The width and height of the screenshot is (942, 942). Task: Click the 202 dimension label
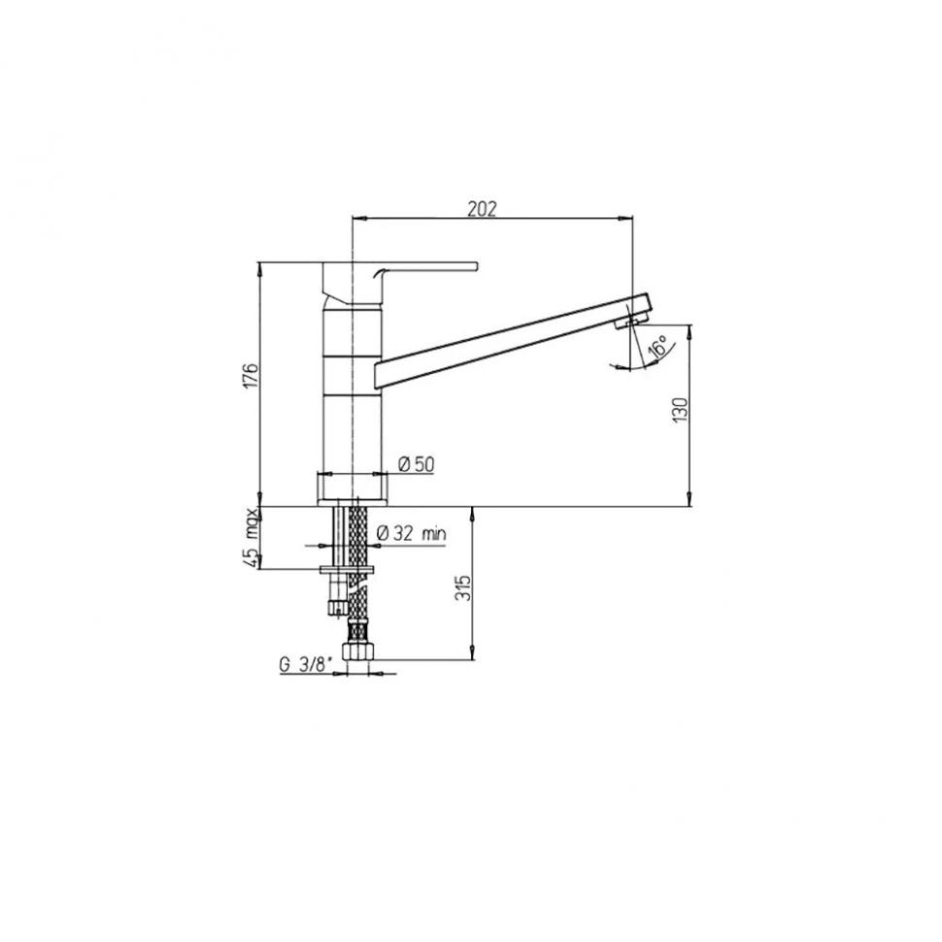click(x=483, y=209)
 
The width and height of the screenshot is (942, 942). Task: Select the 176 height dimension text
click(x=251, y=376)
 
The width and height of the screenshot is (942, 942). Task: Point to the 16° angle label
click(x=657, y=348)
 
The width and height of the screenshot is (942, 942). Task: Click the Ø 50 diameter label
click(x=416, y=464)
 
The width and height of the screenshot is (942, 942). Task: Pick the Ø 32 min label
click(x=412, y=533)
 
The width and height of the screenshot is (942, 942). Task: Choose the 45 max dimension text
click(x=251, y=538)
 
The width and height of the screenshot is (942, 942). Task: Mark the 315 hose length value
click(x=462, y=589)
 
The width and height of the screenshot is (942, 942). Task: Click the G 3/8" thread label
click(x=305, y=664)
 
